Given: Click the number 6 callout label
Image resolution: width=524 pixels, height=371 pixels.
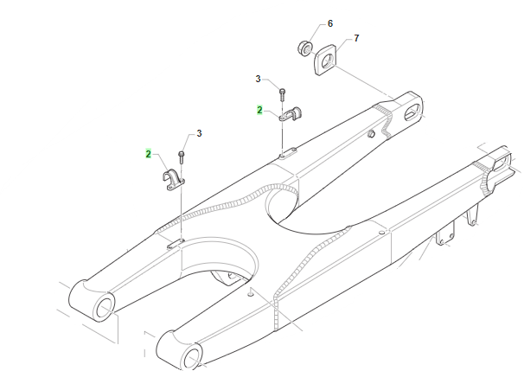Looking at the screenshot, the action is click(x=330, y=23).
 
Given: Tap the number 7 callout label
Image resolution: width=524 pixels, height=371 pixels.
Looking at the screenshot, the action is click(x=356, y=38).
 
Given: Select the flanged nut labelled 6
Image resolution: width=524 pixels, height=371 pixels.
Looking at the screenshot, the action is click(x=304, y=48).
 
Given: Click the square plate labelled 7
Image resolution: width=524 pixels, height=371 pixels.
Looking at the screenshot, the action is click(x=325, y=61).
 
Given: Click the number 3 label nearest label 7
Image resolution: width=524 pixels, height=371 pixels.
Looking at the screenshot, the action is click(x=258, y=80).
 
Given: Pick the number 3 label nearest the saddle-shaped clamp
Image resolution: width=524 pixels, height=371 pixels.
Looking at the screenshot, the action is click(x=199, y=134).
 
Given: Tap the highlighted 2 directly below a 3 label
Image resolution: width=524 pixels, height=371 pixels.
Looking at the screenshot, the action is click(x=259, y=110).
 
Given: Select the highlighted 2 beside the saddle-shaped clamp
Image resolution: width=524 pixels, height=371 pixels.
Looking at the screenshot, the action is click(x=149, y=154).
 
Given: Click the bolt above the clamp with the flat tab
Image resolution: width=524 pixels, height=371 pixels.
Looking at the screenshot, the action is click(x=283, y=94).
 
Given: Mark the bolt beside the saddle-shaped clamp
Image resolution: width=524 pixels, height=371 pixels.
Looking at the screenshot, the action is click(x=182, y=157).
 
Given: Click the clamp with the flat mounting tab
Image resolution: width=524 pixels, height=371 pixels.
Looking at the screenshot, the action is click(x=290, y=114).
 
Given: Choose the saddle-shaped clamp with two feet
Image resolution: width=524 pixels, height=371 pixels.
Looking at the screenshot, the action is click(x=174, y=181).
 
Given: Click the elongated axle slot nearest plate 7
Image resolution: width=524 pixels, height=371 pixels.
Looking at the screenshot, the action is click(x=412, y=112).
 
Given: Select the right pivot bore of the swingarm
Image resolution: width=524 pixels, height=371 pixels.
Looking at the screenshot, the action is click(x=191, y=359).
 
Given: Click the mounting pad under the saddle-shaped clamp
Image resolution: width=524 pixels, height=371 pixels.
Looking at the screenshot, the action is click(x=176, y=244).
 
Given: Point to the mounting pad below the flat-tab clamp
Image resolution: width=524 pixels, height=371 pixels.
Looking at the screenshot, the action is click(x=288, y=153).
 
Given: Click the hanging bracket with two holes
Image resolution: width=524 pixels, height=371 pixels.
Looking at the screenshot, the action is click(x=445, y=233).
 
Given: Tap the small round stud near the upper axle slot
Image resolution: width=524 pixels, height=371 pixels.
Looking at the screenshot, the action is click(x=371, y=134).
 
